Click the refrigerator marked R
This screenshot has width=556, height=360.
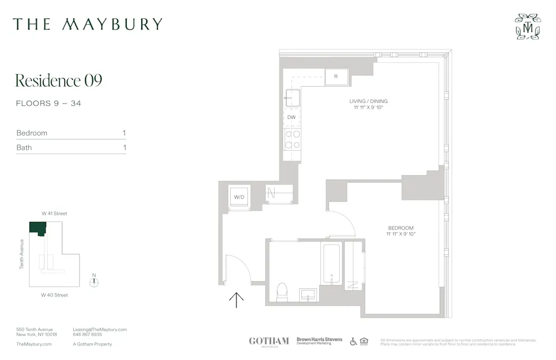tap(336, 76)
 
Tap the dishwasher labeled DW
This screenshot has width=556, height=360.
tap(292, 117)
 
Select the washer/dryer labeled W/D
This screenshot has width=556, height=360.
tap(240, 197)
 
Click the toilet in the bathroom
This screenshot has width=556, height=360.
tap(282, 291)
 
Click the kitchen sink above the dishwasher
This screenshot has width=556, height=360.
tap(292, 98)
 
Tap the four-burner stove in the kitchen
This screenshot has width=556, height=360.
tap(292, 139)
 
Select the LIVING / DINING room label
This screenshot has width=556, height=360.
tap(369, 101)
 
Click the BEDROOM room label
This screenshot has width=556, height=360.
tap(400, 228)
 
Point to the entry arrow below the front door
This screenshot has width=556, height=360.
tap(236, 300)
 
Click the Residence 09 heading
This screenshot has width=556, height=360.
tap(58, 81)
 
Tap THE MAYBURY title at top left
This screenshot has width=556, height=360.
tap(88, 24)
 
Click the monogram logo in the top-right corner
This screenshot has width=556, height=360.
tap(527, 27)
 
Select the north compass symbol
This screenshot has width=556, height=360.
tap(95, 282)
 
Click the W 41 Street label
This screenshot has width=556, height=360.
tap(54, 214)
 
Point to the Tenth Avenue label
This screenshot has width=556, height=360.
tap(22, 254)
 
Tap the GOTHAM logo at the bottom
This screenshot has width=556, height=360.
tap(269, 341)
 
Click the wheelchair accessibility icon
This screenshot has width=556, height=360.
tap(354, 341)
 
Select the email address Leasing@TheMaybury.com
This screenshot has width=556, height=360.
tap(100, 329)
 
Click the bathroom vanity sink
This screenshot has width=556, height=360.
tap(309, 294)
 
